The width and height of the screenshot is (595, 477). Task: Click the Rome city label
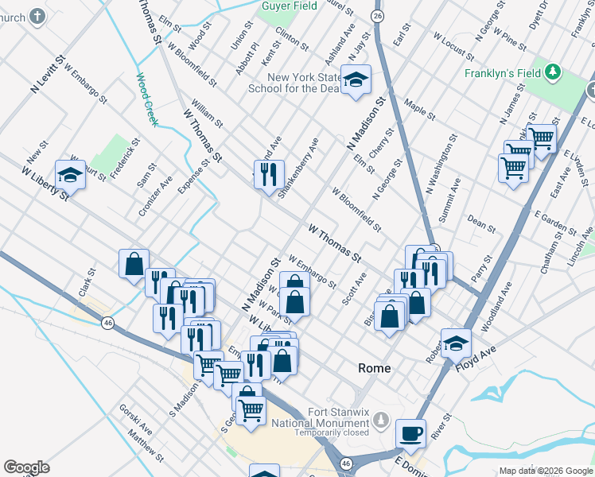(x=374, y=368)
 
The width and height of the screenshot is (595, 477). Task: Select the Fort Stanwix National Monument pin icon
(x=381, y=419)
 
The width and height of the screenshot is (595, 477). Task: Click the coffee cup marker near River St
(x=410, y=434)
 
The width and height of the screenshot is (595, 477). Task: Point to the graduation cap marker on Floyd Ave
(x=457, y=343)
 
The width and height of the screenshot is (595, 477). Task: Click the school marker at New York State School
(x=356, y=80)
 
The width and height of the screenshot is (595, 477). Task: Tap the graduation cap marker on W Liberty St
(x=70, y=175)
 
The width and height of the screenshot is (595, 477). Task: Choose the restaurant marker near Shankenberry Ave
(x=269, y=174)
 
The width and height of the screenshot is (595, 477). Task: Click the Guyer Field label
(x=288, y=6)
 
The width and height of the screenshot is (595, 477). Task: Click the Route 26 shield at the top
(x=377, y=16)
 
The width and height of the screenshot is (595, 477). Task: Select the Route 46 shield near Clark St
(x=108, y=322)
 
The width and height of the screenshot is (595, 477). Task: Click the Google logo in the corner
(x=26, y=467)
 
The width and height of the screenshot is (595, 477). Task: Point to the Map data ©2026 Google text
(x=545, y=471)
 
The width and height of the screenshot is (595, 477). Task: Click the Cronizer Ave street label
(x=155, y=196)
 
